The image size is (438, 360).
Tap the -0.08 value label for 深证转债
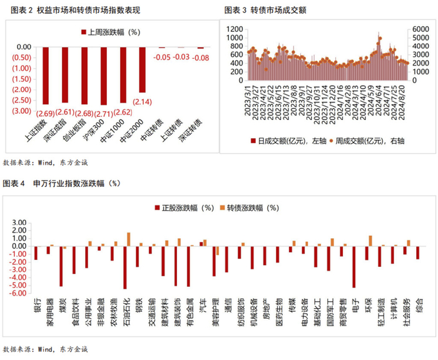coord(200,57)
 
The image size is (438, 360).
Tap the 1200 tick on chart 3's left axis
coord(233,29)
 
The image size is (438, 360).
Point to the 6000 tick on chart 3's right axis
coord(420,29)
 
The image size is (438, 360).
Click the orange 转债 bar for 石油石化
coord(128,239)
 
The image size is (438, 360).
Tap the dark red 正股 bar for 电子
coord(354,266)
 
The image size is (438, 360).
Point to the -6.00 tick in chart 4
coord(18,293)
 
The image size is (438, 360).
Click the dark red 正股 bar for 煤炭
coord(61,266)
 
